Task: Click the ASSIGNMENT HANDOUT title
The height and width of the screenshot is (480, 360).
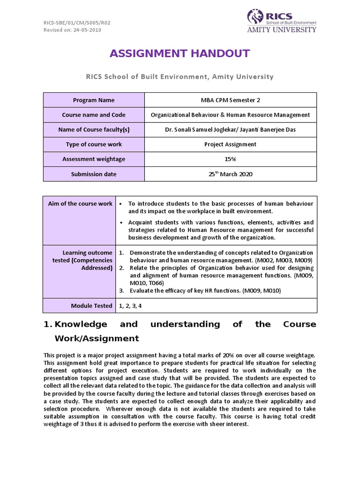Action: click(x=180, y=54)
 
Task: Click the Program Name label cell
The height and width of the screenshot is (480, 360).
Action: click(x=94, y=100)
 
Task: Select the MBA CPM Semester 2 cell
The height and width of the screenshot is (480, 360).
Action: click(x=230, y=100)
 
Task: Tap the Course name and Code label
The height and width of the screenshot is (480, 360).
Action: click(x=94, y=115)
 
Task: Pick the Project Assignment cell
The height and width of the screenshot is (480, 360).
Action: click(x=230, y=144)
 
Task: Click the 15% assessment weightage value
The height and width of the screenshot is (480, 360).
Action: click(x=230, y=159)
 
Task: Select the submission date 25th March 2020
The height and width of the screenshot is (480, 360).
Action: click(x=230, y=174)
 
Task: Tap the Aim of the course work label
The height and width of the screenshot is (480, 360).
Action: click(x=80, y=203)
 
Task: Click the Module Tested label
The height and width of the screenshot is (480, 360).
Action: click(x=91, y=306)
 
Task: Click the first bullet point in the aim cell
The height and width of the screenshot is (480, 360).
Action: click(x=121, y=204)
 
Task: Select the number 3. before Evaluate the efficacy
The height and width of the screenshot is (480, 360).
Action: click(x=121, y=291)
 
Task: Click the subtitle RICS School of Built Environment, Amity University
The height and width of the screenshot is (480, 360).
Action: click(x=180, y=76)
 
